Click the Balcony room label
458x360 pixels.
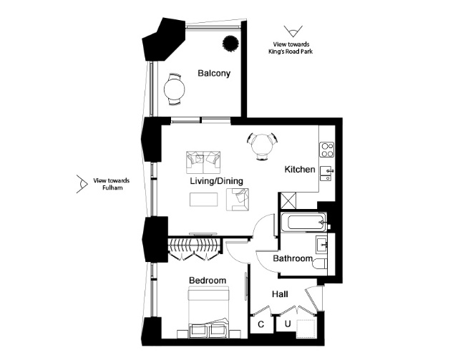[x=214, y=73]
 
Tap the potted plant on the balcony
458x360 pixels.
[x=230, y=43]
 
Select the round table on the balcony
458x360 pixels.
[x=175, y=89]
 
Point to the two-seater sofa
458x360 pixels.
[x=203, y=162]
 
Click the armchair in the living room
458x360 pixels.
[x=238, y=199]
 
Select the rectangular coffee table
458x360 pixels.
[x=203, y=199]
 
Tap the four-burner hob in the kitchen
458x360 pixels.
[x=327, y=150]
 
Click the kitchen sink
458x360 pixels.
[x=327, y=173]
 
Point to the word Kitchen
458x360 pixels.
[x=300, y=170]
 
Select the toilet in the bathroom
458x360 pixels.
[x=320, y=265]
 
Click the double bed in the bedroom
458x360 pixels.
[x=208, y=312]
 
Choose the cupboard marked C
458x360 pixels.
[x=261, y=323]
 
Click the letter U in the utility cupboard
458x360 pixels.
[x=288, y=323]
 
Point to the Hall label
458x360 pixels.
[x=280, y=294]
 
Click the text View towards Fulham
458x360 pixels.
[x=112, y=184]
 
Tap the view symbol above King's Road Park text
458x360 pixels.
[x=293, y=31]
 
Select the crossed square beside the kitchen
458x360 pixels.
[x=288, y=200]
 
